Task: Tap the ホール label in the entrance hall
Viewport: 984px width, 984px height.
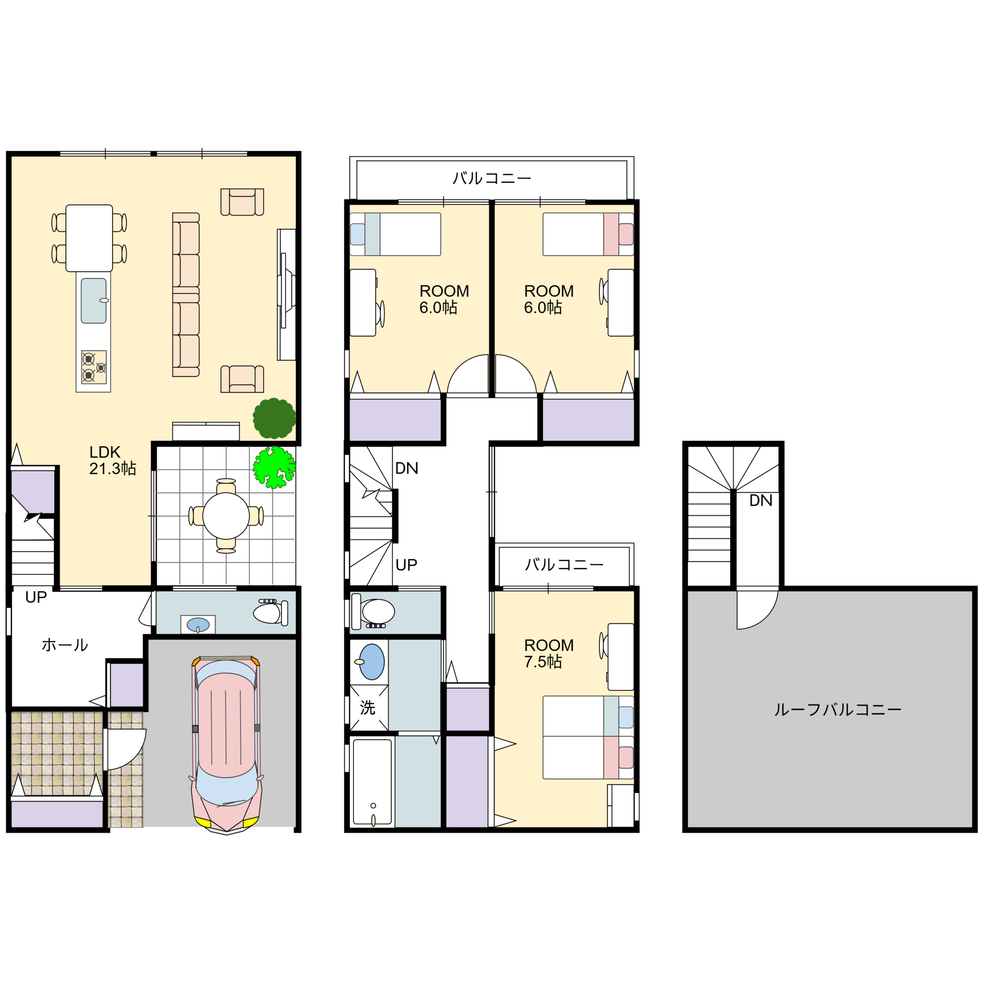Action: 65,645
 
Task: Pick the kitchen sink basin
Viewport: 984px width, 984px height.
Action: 94,300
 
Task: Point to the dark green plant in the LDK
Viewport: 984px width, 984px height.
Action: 275,419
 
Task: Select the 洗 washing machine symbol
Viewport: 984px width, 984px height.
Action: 368,707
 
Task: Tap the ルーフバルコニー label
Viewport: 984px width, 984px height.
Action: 838,709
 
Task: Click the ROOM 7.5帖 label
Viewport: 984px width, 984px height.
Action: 548,653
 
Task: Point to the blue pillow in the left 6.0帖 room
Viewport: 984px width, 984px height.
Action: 358,234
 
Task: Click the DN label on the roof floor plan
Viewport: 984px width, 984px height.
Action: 761,501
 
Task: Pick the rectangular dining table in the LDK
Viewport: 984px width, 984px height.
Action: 89,238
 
